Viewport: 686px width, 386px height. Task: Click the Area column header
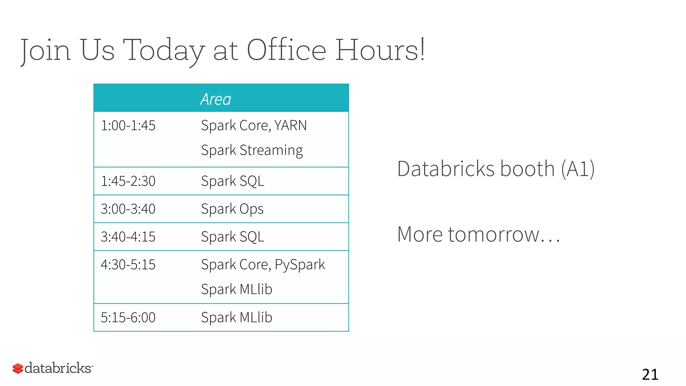pyautogui.click(x=216, y=99)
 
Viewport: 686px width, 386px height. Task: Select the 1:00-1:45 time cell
pyautogui.click(x=128, y=126)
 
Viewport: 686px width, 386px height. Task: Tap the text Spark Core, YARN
pyautogui.click(x=254, y=126)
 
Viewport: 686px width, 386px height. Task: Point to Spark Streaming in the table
pyautogui.click(x=252, y=150)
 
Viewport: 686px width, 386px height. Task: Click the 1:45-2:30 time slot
pyautogui.click(x=128, y=181)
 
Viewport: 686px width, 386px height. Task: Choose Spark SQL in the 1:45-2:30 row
pyautogui.click(x=232, y=181)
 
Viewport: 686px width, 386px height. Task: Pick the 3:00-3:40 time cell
pyautogui.click(x=128, y=209)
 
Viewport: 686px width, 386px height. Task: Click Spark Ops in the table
pyautogui.click(x=232, y=209)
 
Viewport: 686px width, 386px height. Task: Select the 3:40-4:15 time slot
pyautogui.click(x=128, y=237)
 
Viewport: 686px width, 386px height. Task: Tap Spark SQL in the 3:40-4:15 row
pyautogui.click(x=232, y=237)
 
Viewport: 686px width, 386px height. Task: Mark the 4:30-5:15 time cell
pyautogui.click(x=128, y=265)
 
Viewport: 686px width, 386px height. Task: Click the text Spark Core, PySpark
pyautogui.click(x=263, y=265)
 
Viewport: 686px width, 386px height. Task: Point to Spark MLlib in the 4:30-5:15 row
pyautogui.click(x=236, y=289)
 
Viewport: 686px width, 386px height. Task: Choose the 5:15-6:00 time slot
pyautogui.click(x=128, y=317)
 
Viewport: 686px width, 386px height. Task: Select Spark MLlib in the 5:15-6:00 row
pyautogui.click(x=236, y=317)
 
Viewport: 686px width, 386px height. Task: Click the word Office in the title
pyautogui.click(x=286, y=50)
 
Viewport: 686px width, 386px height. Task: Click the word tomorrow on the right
pyautogui.click(x=493, y=234)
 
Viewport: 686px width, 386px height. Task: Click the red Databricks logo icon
pyautogui.click(x=18, y=368)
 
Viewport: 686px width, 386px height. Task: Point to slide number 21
pyautogui.click(x=650, y=375)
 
